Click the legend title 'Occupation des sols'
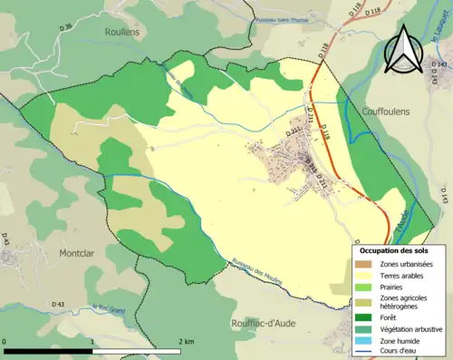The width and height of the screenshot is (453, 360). point(394,249)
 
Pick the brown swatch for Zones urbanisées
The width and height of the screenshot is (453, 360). point(362,264)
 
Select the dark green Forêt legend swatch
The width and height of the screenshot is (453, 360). point(362,316)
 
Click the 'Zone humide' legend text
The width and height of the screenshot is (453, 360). point(395,339)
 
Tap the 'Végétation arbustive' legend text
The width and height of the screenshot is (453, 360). point(407,327)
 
